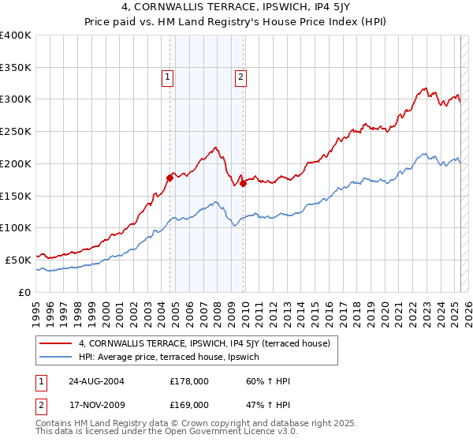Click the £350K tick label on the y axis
coord(16,67)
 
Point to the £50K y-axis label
coord(18,260)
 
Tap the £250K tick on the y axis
coord(16,131)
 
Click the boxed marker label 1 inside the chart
coord(169,77)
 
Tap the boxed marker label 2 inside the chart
coord(240,77)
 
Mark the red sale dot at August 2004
coord(169,178)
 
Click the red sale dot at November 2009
coord(243,183)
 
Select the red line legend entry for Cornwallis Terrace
coord(209,343)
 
